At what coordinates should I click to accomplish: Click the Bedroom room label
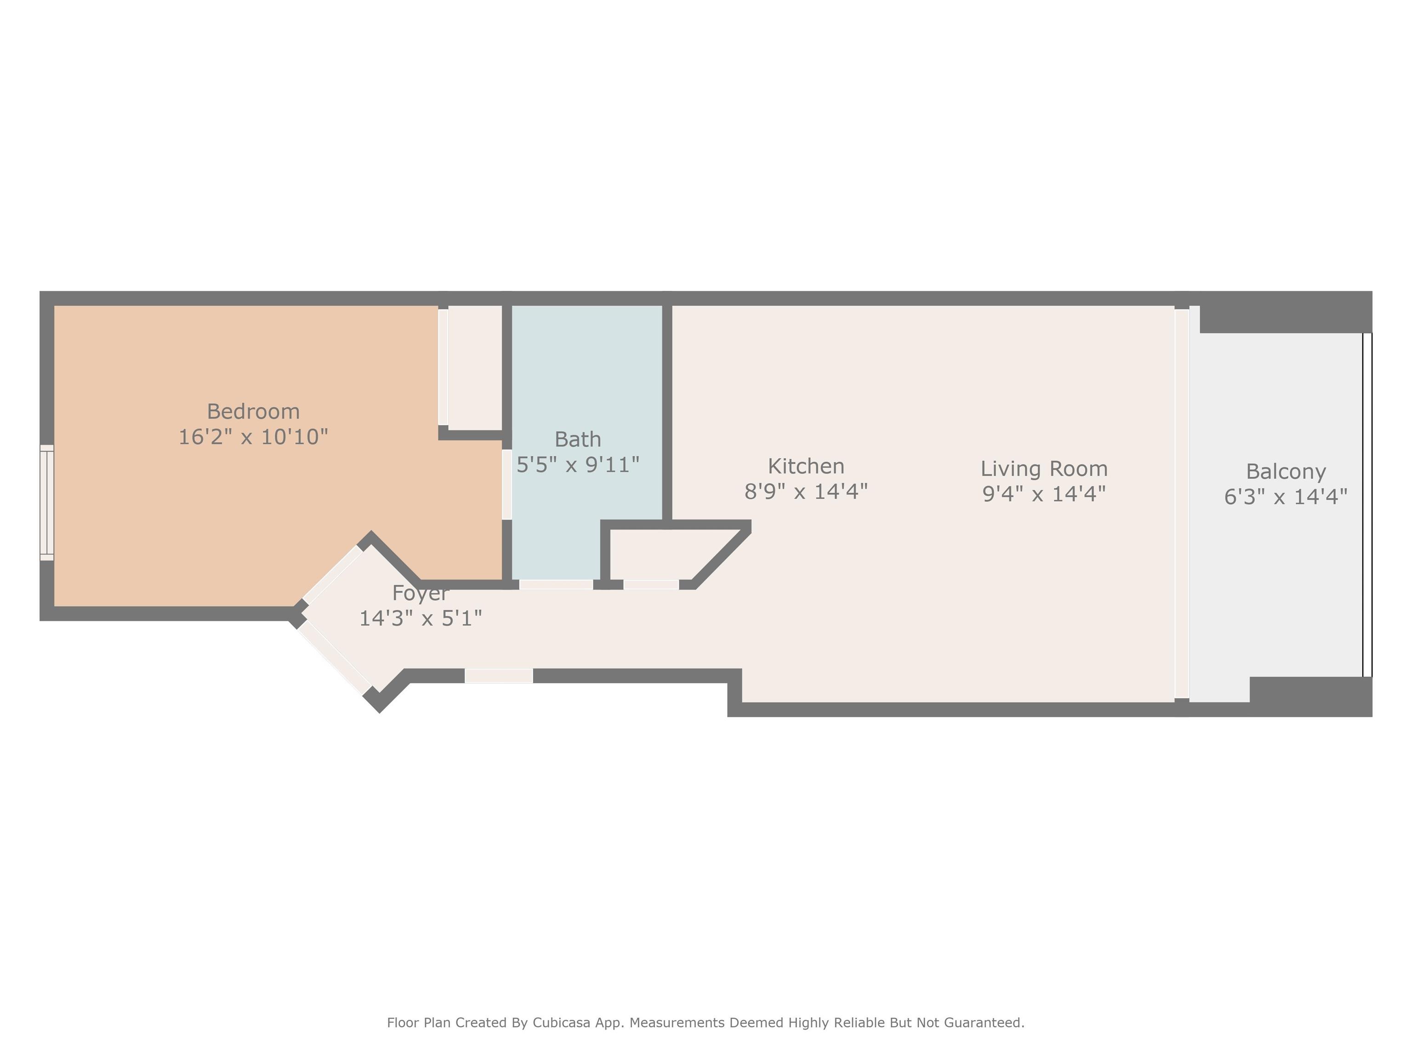[x=253, y=411]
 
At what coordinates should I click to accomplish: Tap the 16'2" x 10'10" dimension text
[x=253, y=437]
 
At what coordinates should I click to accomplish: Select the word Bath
[x=578, y=439]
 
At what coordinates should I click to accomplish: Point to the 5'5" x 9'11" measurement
[x=578, y=465]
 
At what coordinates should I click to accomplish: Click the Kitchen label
[x=806, y=466]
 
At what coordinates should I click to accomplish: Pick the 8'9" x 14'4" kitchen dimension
[x=806, y=491]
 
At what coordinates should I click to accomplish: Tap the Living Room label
[x=1044, y=468]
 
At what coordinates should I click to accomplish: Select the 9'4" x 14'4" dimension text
[x=1044, y=494]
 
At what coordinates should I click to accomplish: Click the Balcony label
[x=1286, y=472]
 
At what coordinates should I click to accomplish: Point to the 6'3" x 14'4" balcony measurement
[x=1286, y=496]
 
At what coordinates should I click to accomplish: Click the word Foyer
[x=420, y=593]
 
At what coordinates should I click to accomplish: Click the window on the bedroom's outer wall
[x=46, y=503]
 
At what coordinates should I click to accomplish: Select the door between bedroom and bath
[x=507, y=484]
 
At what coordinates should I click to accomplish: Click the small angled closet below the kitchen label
[x=664, y=554]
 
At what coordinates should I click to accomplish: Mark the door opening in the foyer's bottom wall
[x=499, y=675]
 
